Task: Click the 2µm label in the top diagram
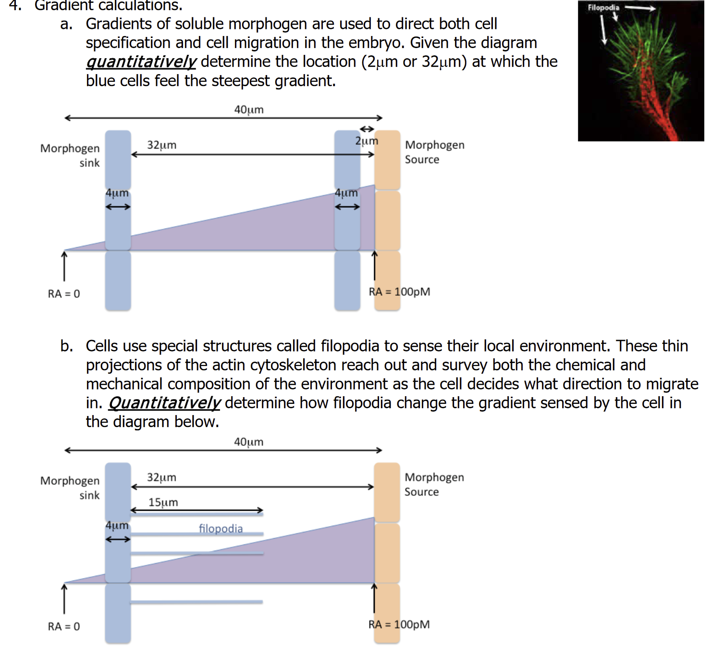[367, 141]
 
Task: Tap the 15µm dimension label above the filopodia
[163, 503]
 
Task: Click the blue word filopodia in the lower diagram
[221, 528]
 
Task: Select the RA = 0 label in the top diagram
[64, 294]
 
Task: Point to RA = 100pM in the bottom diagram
[399, 625]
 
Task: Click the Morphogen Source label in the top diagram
[434, 152]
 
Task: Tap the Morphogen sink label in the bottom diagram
[70, 488]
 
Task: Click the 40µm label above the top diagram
[248, 110]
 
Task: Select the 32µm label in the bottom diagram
[161, 478]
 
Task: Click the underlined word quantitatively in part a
[141, 62]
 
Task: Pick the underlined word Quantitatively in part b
[164, 403]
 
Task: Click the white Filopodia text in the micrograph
[603, 8]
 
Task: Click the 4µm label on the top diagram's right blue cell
[346, 193]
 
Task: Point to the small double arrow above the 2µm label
[367, 129]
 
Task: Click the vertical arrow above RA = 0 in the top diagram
[64, 265]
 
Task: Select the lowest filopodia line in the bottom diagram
[196, 602]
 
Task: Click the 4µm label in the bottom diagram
[117, 525]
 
